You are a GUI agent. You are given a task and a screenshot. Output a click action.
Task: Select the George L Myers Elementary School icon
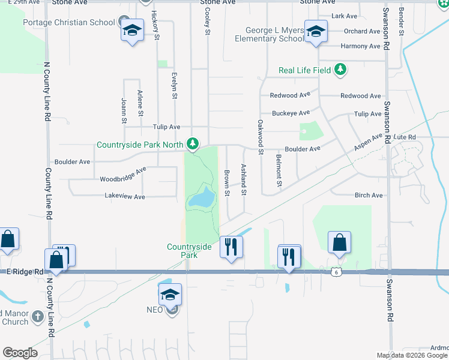tap(315, 31)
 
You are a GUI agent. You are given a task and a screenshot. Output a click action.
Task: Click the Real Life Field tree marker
tap(340, 70)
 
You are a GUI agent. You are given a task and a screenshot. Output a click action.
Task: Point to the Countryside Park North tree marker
tap(193, 144)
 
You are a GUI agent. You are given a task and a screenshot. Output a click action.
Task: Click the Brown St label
tap(227, 182)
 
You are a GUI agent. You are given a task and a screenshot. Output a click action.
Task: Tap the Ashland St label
tap(244, 179)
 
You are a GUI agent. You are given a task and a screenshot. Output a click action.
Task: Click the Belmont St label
tap(279, 170)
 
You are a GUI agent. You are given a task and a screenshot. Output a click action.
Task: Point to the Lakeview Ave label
tap(125, 196)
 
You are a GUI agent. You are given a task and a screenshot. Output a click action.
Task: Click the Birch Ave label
tap(369, 196)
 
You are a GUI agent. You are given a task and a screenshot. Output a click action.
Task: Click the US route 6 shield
tap(334, 272)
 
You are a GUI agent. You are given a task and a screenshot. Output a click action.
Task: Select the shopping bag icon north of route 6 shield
tap(339, 244)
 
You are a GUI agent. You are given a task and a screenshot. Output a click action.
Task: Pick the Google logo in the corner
tap(20, 353)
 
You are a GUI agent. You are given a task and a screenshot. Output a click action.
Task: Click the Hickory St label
tap(155, 25)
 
